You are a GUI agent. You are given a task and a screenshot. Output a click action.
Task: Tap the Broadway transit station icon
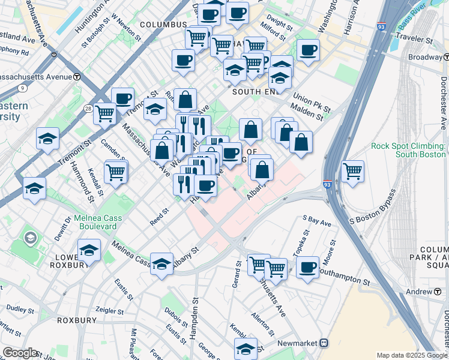445,57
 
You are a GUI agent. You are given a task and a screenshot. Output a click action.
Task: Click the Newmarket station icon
324,343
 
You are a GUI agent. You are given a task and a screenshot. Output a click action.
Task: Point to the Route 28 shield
88,109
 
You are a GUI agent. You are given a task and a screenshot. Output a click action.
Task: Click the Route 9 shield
22,88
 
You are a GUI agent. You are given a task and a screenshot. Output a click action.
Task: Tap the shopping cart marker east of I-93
352,170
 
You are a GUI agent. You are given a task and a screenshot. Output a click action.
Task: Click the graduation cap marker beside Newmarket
245,348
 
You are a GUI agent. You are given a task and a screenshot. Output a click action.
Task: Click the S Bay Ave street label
318,222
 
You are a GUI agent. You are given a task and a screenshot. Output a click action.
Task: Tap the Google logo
20,353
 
